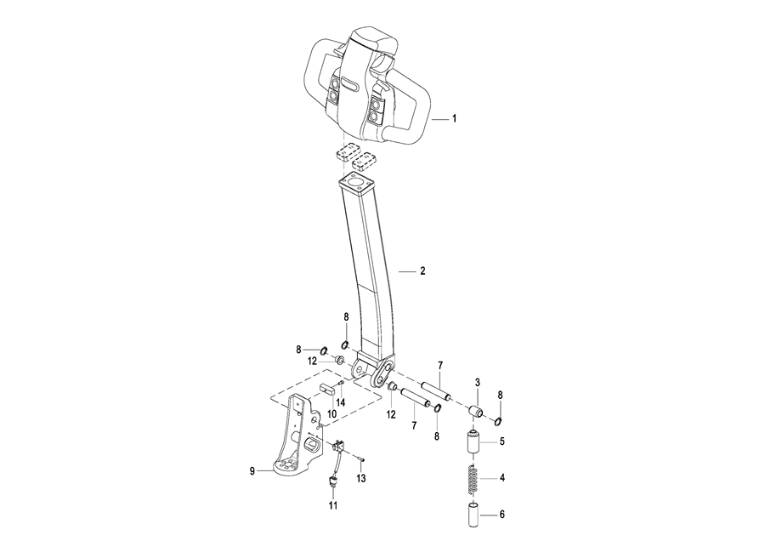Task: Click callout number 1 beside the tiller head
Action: (x=454, y=120)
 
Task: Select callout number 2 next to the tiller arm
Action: (x=422, y=271)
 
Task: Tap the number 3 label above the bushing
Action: (x=478, y=384)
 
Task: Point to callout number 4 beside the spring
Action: (x=501, y=479)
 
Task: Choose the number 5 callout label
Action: (x=501, y=441)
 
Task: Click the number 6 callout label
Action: (x=501, y=515)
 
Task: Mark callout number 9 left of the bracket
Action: (x=252, y=470)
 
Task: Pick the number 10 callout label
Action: (x=332, y=413)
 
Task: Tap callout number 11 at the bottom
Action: (x=333, y=506)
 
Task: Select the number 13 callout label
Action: (x=361, y=479)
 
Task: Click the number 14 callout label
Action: (x=340, y=401)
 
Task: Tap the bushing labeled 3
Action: (x=478, y=413)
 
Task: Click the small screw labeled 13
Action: (x=360, y=460)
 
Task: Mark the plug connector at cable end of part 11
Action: (x=333, y=485)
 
